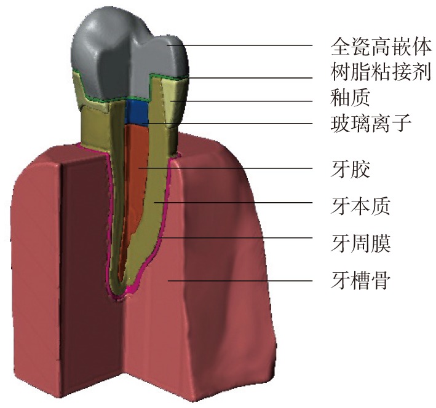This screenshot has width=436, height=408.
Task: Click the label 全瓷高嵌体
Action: click(x=380, y=46)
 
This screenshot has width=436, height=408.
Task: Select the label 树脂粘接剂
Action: click(x=380, y=72)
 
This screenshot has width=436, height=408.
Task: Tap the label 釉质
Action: click(x=351, y=98)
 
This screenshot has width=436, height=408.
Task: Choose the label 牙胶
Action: click(x=351, y=168)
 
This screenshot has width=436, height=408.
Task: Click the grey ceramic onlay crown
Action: click(x=123, y=55)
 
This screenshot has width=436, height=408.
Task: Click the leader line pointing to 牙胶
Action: click(x=234, y=168)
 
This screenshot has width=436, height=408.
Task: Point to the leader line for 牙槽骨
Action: click(x=246, y=281)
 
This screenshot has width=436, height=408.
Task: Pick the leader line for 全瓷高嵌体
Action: click(x=246, y=45)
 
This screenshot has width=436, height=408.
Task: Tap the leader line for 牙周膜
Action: click(x=246, y=238)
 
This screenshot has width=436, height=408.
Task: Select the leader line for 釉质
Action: click(x=246, y=101)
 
